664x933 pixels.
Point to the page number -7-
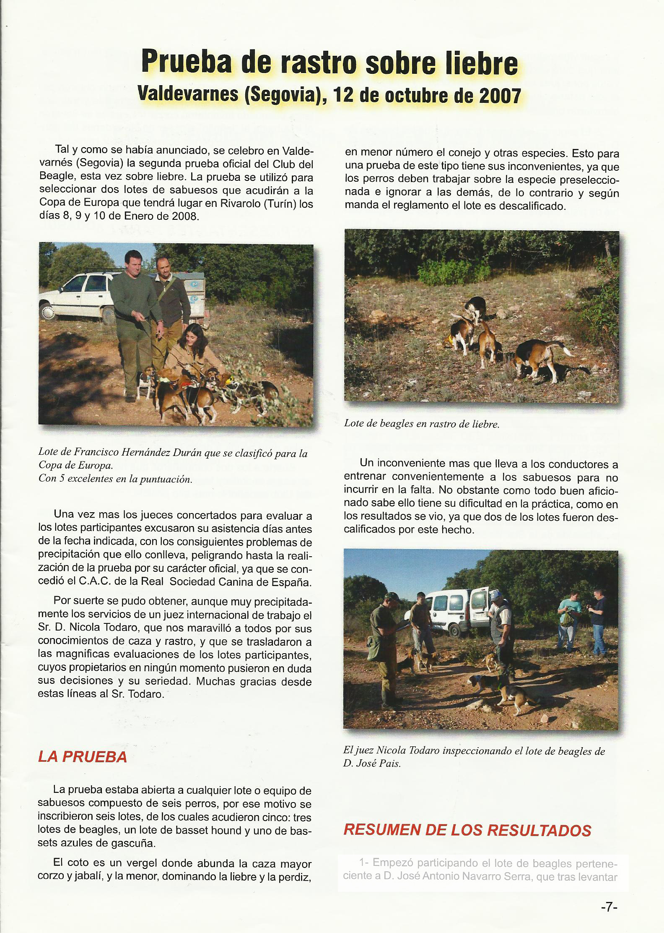(609, 907)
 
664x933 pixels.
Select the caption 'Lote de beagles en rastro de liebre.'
(422, 424)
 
